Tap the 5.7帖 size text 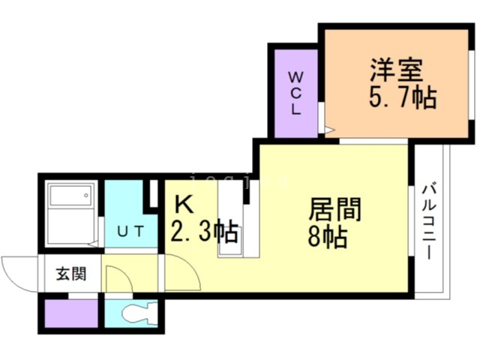pos(402,97)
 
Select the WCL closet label pos(295,91)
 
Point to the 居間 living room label pos(334,209)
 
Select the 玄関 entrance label pos(69,273)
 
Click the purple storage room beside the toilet pos(70,313)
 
